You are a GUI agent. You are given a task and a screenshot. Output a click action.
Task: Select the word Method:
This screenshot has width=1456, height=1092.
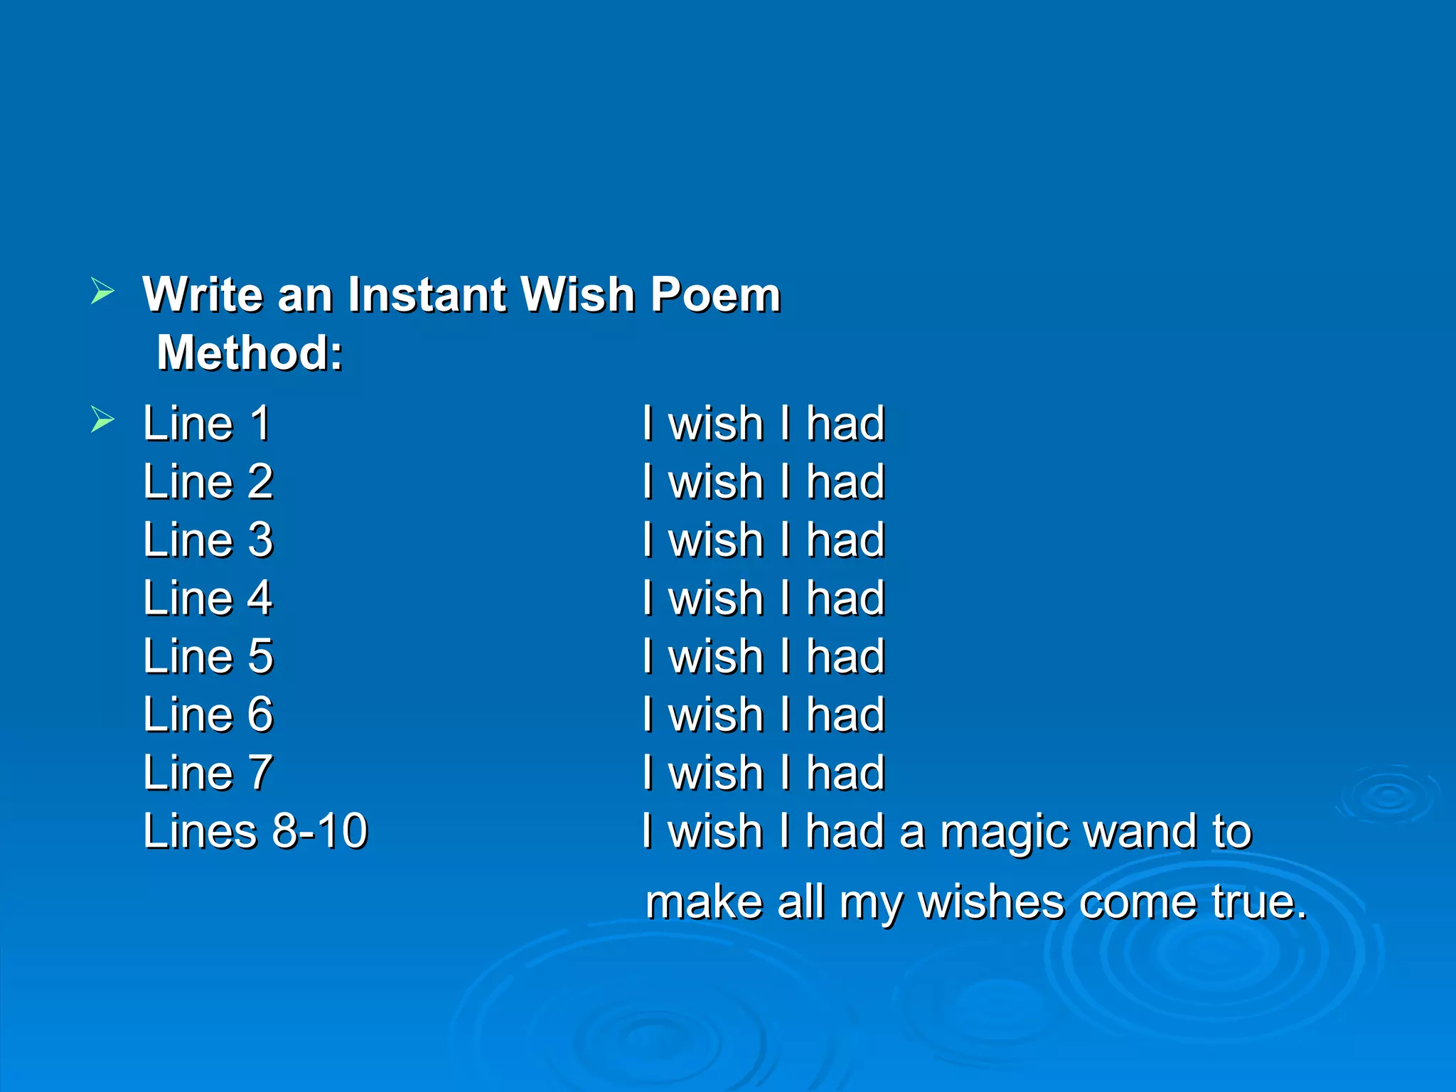[250, 353]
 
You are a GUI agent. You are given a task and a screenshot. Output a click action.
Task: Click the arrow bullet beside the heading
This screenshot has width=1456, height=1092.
[102, 291]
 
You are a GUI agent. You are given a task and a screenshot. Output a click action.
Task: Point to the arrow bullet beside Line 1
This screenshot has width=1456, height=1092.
[102, 419]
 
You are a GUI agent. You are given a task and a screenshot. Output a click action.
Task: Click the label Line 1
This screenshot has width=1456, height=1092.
[206, 424]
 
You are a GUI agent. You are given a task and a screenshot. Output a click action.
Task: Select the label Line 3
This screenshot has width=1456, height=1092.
[208, 540]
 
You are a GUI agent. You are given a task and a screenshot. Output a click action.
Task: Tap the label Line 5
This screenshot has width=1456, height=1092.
[208, 656]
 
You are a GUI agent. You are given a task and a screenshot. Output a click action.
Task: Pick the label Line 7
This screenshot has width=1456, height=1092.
[208, 773]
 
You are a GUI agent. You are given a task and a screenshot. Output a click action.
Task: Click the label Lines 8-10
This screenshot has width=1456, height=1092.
[255, 831]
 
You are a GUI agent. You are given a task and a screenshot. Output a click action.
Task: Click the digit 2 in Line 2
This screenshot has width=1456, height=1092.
[260, 482]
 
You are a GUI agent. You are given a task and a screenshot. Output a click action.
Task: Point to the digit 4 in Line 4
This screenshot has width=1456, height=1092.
[260, 599]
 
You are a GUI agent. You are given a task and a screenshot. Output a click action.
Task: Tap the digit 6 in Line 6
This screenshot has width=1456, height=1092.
[260, 714]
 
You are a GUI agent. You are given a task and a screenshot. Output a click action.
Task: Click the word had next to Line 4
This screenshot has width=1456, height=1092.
[845, 599]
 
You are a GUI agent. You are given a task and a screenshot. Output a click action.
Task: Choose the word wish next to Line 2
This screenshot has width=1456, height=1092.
[716, 482]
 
